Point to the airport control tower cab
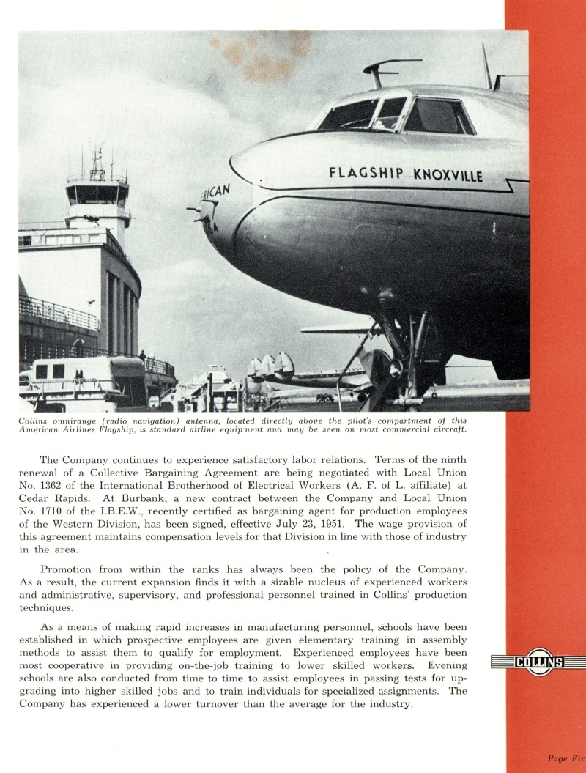click(x=97, y=193)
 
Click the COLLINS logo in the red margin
click(x=539, y=662)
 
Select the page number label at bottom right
click(x=565, y=758)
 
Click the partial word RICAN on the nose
click(x=216, y=195)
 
